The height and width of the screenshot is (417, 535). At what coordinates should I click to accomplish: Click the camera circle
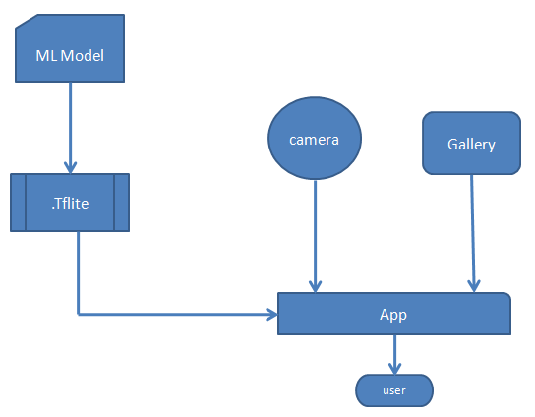pos(315,140)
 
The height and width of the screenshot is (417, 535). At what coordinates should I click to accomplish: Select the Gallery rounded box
pos(471,144)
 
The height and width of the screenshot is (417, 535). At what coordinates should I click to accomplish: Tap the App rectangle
pos(393,315)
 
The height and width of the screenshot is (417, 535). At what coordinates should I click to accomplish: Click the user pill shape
pos(393,390)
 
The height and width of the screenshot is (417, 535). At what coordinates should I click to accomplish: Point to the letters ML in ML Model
pos(46,54)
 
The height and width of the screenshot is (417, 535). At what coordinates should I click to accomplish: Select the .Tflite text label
pos(69,204)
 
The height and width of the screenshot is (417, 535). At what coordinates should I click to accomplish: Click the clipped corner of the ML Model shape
pos(22,22)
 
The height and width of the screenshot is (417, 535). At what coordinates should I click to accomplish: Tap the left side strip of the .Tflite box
pos(18,203)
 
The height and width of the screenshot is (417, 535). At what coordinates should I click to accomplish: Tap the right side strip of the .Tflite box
pos(121,203)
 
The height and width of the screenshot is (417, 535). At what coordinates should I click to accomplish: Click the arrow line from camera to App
pos(315,231)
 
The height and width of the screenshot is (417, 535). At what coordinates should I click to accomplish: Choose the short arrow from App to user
pos(394,352)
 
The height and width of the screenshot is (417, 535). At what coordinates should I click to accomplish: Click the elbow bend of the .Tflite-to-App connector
pos(78,315)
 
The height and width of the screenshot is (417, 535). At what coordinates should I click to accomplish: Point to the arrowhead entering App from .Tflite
pos(271,315)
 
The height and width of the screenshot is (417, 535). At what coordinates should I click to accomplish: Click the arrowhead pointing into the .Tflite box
pos(70,167)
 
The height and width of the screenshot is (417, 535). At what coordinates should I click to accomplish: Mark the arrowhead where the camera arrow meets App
pos(315,286)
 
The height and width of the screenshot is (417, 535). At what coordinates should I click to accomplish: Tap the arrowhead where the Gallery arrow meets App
pos(474,286)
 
